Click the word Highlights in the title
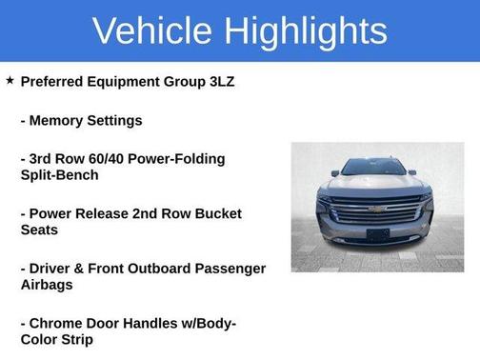tap(307, 30)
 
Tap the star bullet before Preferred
tap(10, 81)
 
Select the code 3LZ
tap(218, 82)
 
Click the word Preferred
tap(54, 82)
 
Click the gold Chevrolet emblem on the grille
tap(377, 209)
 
